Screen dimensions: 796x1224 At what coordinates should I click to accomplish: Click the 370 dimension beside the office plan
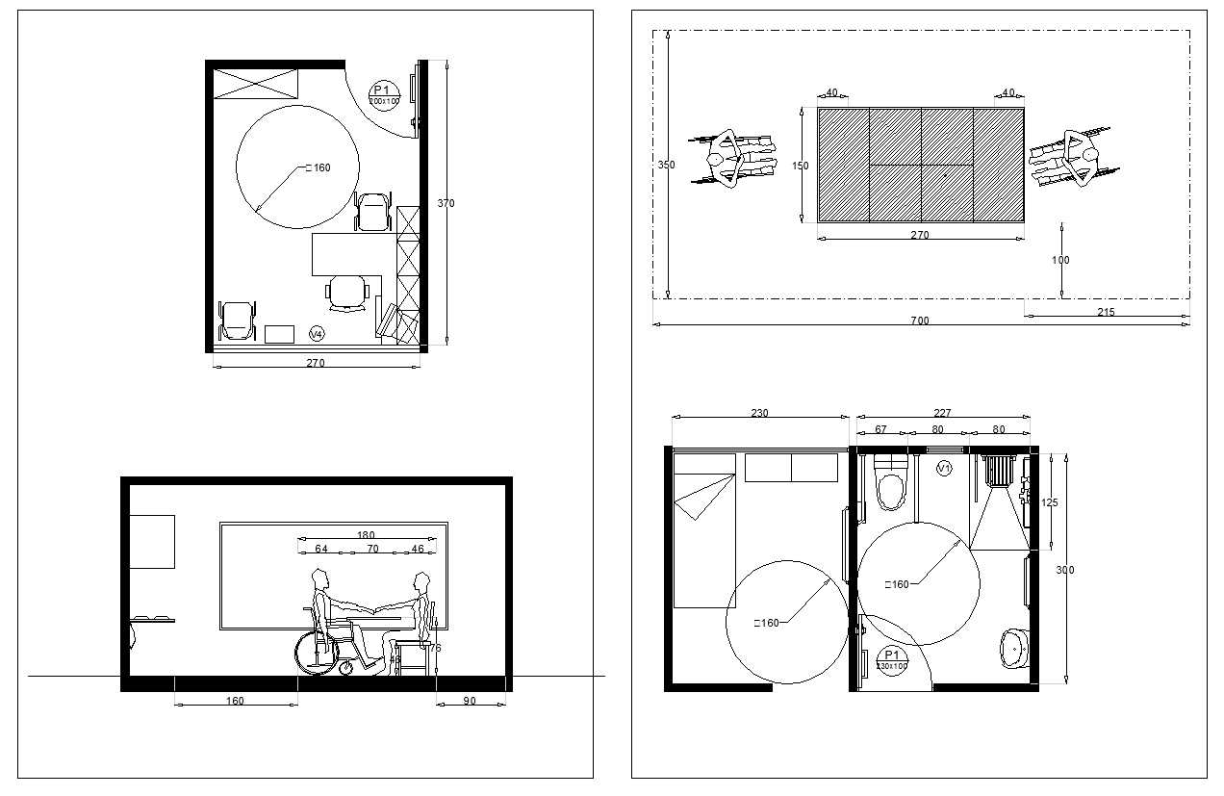click(446, 204)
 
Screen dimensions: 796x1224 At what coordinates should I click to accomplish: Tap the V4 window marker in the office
click(316, 333)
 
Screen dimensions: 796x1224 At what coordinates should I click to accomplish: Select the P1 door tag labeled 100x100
click(384, 95)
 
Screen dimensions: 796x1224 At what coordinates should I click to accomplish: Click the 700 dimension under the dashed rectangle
click(920, 321)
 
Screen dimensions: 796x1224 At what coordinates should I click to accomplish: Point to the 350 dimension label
click(666, 166)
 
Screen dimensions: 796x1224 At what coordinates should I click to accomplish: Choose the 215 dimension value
click(1105, 312)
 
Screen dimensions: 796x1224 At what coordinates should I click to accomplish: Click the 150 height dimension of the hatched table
click(800, 166)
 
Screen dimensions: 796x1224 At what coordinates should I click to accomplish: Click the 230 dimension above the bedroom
click(759, 412)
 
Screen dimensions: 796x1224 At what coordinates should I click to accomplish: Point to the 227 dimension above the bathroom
click(943, 412)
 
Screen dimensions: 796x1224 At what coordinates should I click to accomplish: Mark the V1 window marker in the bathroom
click(944, 468)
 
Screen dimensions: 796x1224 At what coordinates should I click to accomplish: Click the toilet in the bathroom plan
click(892, 484)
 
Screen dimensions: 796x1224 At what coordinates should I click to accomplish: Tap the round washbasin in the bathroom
click(1013, 648)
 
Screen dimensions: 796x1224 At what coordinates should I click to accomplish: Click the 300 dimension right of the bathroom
click(1065, 571)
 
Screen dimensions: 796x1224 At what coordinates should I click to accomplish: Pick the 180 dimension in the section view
click(366, 535)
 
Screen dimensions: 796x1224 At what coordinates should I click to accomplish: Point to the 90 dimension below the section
click(470, 701)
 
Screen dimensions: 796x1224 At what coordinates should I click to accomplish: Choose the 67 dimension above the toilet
click(880, 429)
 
